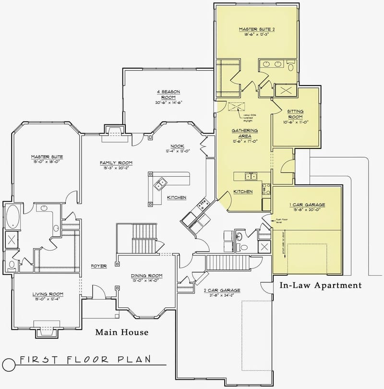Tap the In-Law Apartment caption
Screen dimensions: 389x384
(320, 285)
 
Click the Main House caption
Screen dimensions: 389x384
(121, 332)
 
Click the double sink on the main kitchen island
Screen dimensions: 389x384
(160, 183)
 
